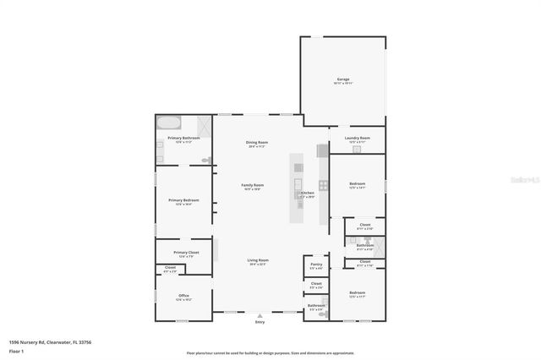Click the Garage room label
(342, 79)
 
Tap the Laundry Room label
(357, 138)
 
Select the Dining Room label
(257, 142)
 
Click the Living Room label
(257, 260)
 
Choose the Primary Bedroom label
(183, 200)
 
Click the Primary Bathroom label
(183, 138)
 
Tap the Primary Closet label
(186, 253)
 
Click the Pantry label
(315, 265)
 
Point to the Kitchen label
(307, 194)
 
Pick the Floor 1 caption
(16, 351)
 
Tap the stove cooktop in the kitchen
(322, 185)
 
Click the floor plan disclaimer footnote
(271, 353)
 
